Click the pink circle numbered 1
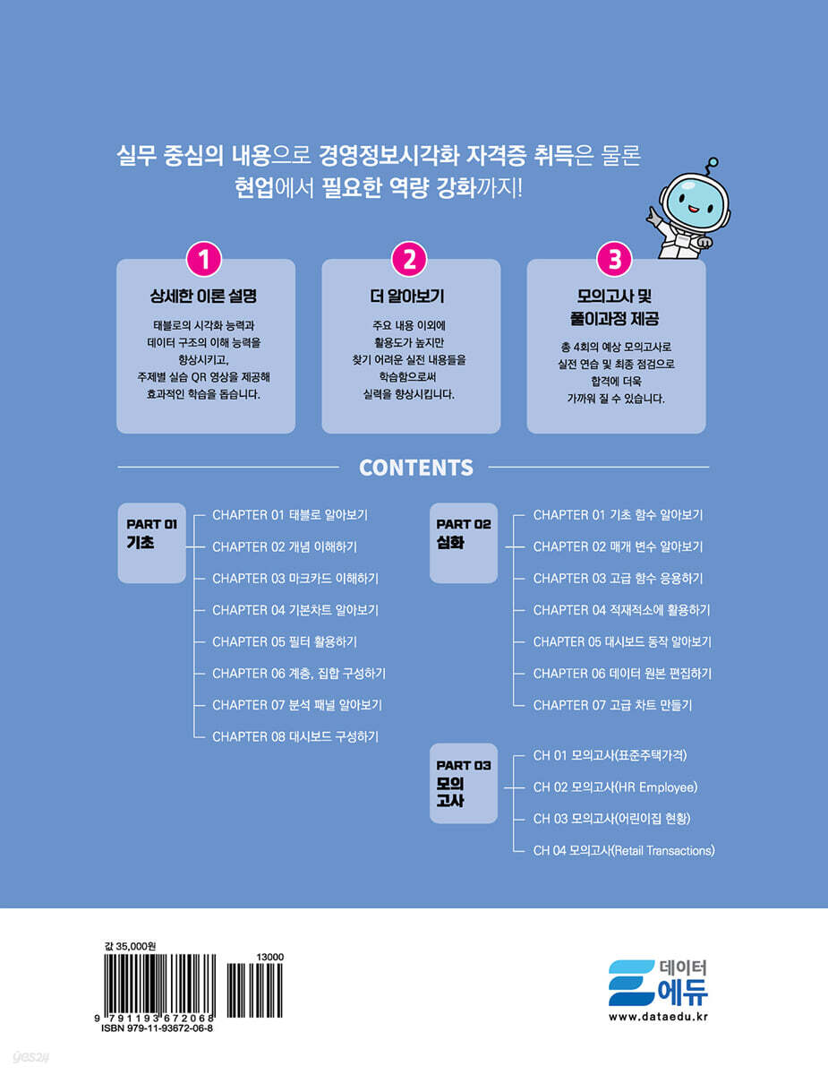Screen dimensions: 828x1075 tap(204, 260)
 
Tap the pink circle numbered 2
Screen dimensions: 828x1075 tap(409, 260)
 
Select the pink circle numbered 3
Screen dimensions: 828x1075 tap(614, 260)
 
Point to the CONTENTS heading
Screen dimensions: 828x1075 tap(415, 468)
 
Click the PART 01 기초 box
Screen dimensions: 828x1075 tap(152, 543)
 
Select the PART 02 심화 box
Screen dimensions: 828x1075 tap(464, 543)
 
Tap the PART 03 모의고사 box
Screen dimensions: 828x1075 tap(464, 784)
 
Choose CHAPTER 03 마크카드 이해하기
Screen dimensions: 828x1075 tap(295, 579)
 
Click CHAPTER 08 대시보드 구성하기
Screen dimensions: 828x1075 tap(295, 736)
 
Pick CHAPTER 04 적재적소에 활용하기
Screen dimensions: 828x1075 tap(621, 610)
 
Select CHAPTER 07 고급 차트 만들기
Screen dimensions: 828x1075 tap(612, 705)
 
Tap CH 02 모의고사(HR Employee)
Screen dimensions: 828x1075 tap(615, 787)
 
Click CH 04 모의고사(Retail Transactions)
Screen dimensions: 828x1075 tap(624, 850)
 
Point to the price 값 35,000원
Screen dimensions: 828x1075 tap(131, 946)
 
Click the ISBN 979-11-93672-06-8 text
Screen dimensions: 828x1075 tap(158, 1028)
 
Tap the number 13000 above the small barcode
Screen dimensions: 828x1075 tap(270, 958)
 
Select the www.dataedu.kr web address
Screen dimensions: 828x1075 tap(658, 1017)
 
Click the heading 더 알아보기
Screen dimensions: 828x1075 tap(407, 297)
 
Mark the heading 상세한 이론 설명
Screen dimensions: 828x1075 tap(203, 297)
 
